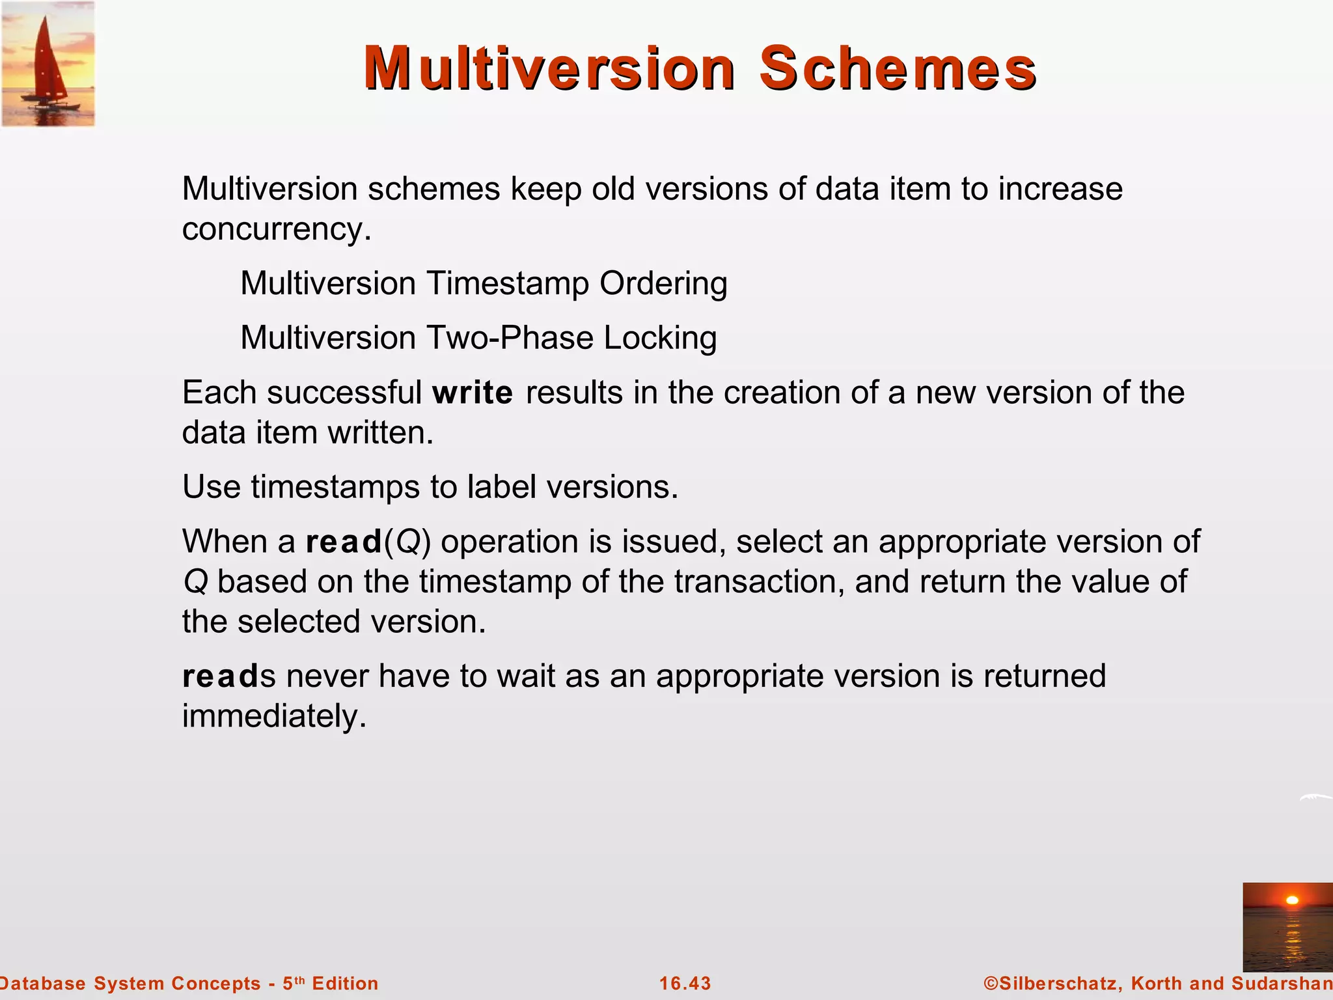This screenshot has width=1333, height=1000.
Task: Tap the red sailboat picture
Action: point(48,64)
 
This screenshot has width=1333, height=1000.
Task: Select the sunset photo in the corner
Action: point(1287,927)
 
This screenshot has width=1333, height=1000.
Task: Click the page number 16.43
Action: point(685,983)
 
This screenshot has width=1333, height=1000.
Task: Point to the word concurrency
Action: point(276,229)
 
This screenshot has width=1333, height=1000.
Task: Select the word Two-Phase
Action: point(510,338)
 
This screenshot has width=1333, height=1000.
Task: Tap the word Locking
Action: point(660,338)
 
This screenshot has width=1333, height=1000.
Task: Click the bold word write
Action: point(473,393)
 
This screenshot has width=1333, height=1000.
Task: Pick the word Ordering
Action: point(663,284)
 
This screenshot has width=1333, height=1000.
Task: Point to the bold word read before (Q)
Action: point(344,542)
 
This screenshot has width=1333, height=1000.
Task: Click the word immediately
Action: point(274,716)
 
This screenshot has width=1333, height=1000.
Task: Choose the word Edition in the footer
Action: point(345,983)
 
